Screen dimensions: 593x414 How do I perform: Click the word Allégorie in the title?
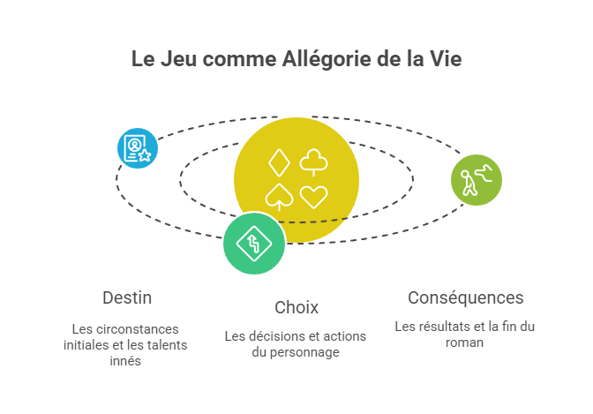327,60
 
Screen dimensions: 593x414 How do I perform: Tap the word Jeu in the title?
179,59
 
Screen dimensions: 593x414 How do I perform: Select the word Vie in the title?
446,59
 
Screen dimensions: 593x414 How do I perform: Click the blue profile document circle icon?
138,148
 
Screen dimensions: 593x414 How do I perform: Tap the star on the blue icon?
145,155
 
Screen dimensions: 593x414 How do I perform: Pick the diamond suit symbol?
279,163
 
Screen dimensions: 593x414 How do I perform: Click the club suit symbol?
313,162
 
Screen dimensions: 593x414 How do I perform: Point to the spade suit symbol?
279,197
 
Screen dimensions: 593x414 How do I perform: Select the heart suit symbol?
313,197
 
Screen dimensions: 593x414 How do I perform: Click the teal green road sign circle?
254,244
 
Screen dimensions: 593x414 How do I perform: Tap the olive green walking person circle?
477,180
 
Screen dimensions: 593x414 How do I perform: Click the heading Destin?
127,297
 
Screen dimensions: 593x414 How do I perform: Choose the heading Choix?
296,308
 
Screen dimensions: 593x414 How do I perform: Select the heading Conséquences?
466,298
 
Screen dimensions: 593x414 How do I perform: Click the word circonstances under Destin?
137,329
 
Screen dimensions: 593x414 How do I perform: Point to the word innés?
125,361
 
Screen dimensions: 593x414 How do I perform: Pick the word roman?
464,342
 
